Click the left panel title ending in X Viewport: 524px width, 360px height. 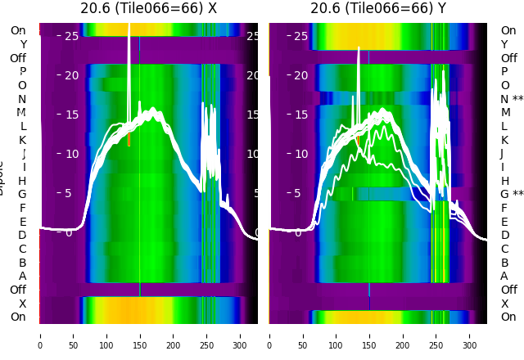pos(149,9)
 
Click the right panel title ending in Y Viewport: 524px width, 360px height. pos(378,9)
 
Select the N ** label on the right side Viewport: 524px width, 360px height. pos(512,99)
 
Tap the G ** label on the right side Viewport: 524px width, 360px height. pos(512,195)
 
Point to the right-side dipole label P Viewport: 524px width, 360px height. pos(504,72)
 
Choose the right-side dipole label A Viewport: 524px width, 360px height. pos(504,277)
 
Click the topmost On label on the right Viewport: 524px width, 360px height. pos(508,31)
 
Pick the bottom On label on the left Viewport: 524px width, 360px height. pos(18,317)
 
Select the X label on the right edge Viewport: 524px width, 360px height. pos(504,304)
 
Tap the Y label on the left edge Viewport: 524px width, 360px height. pos(23,44)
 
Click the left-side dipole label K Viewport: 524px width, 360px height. pos(23,140)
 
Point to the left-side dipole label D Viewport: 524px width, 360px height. pos(23,236)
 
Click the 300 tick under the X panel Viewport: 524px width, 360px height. pos(241,335)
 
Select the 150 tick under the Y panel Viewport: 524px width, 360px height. pos(369,335)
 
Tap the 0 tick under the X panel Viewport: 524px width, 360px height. pos(40,335)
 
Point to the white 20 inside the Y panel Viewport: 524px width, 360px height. pos(300,75)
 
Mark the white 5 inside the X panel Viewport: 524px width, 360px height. pos(69,193)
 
